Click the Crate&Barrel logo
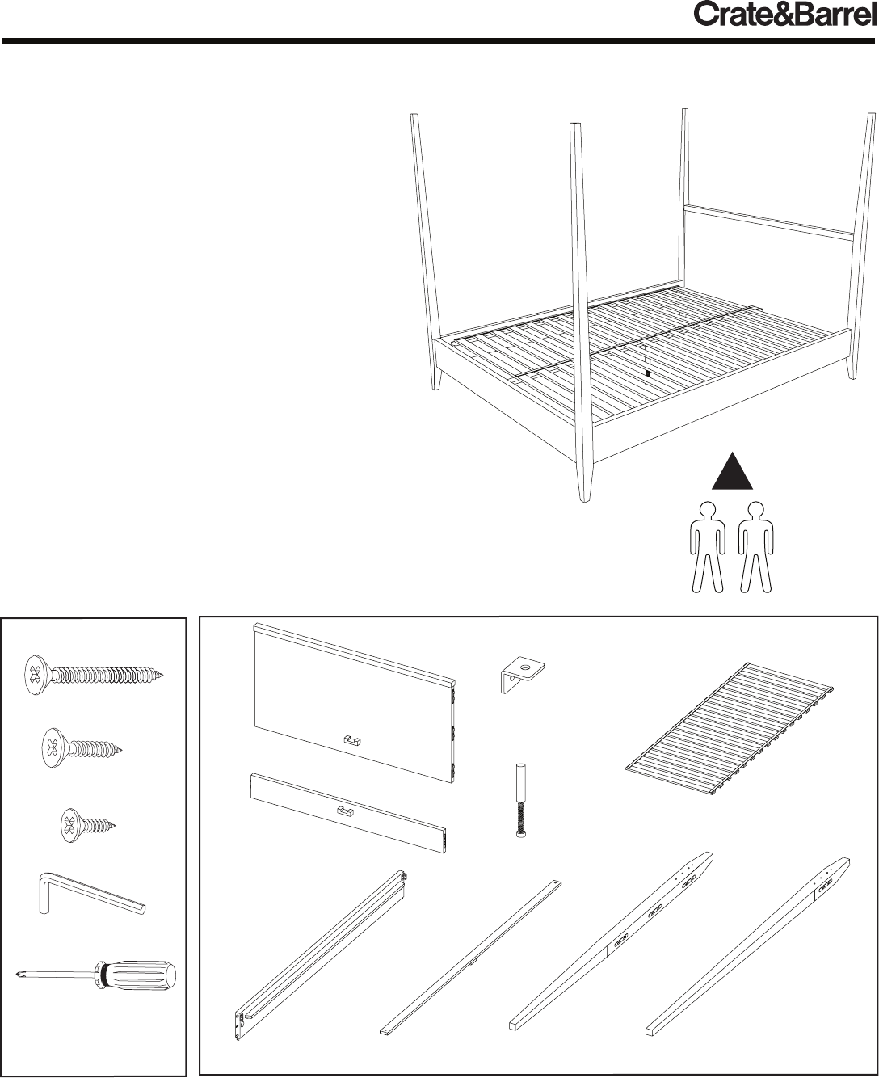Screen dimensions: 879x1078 pyautogui.click(x=784, y=16)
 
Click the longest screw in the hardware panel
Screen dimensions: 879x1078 pyautogui.click(x=94, y=675)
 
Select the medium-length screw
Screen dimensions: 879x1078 pyautogui.click(x=82, y=748)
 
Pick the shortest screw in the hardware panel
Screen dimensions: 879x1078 pyautogui.click(x=87, y=825)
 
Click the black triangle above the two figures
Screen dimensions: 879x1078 pyautogui.click(x=732, y=471)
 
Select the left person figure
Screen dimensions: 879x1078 pyautogui.click(x=707, y=547)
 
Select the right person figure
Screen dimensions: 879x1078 pyautogui.click(x=756, y=547)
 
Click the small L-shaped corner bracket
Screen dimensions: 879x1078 pyautogui.click(x=522, y=675)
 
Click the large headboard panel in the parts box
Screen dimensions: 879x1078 pyautogui.click(x=354, y=710)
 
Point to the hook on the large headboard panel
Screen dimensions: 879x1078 pyautogui.click(x=352, y=740)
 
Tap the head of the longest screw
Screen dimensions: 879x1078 pyautogui.click(x=37, y=675)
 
